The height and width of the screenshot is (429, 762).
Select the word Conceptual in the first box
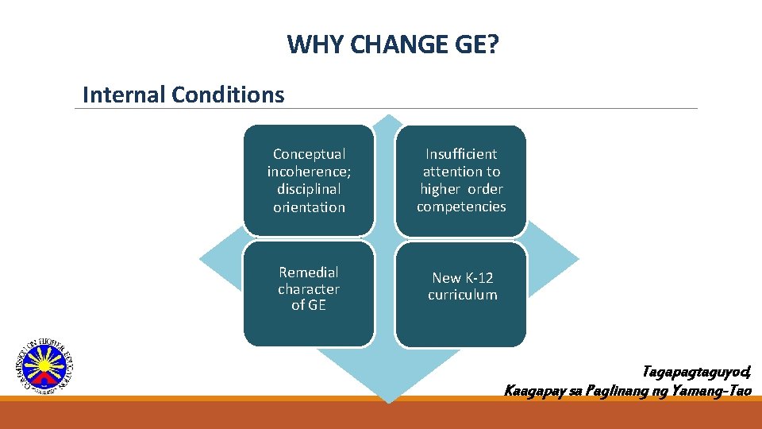pos(309,154)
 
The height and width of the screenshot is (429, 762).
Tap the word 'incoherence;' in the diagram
pos(309,172)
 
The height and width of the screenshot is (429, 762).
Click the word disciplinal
pos(309,189)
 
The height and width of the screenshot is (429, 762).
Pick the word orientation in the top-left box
pos(309,207)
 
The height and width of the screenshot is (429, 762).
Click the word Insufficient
pos(461,154)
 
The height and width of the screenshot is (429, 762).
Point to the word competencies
pos(461,207)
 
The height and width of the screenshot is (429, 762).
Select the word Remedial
pos(309,272)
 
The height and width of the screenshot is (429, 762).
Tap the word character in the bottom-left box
pos(309,289)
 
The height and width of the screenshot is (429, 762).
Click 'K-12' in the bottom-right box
pos(479,278)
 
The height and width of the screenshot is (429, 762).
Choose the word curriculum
pos(463,295)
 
